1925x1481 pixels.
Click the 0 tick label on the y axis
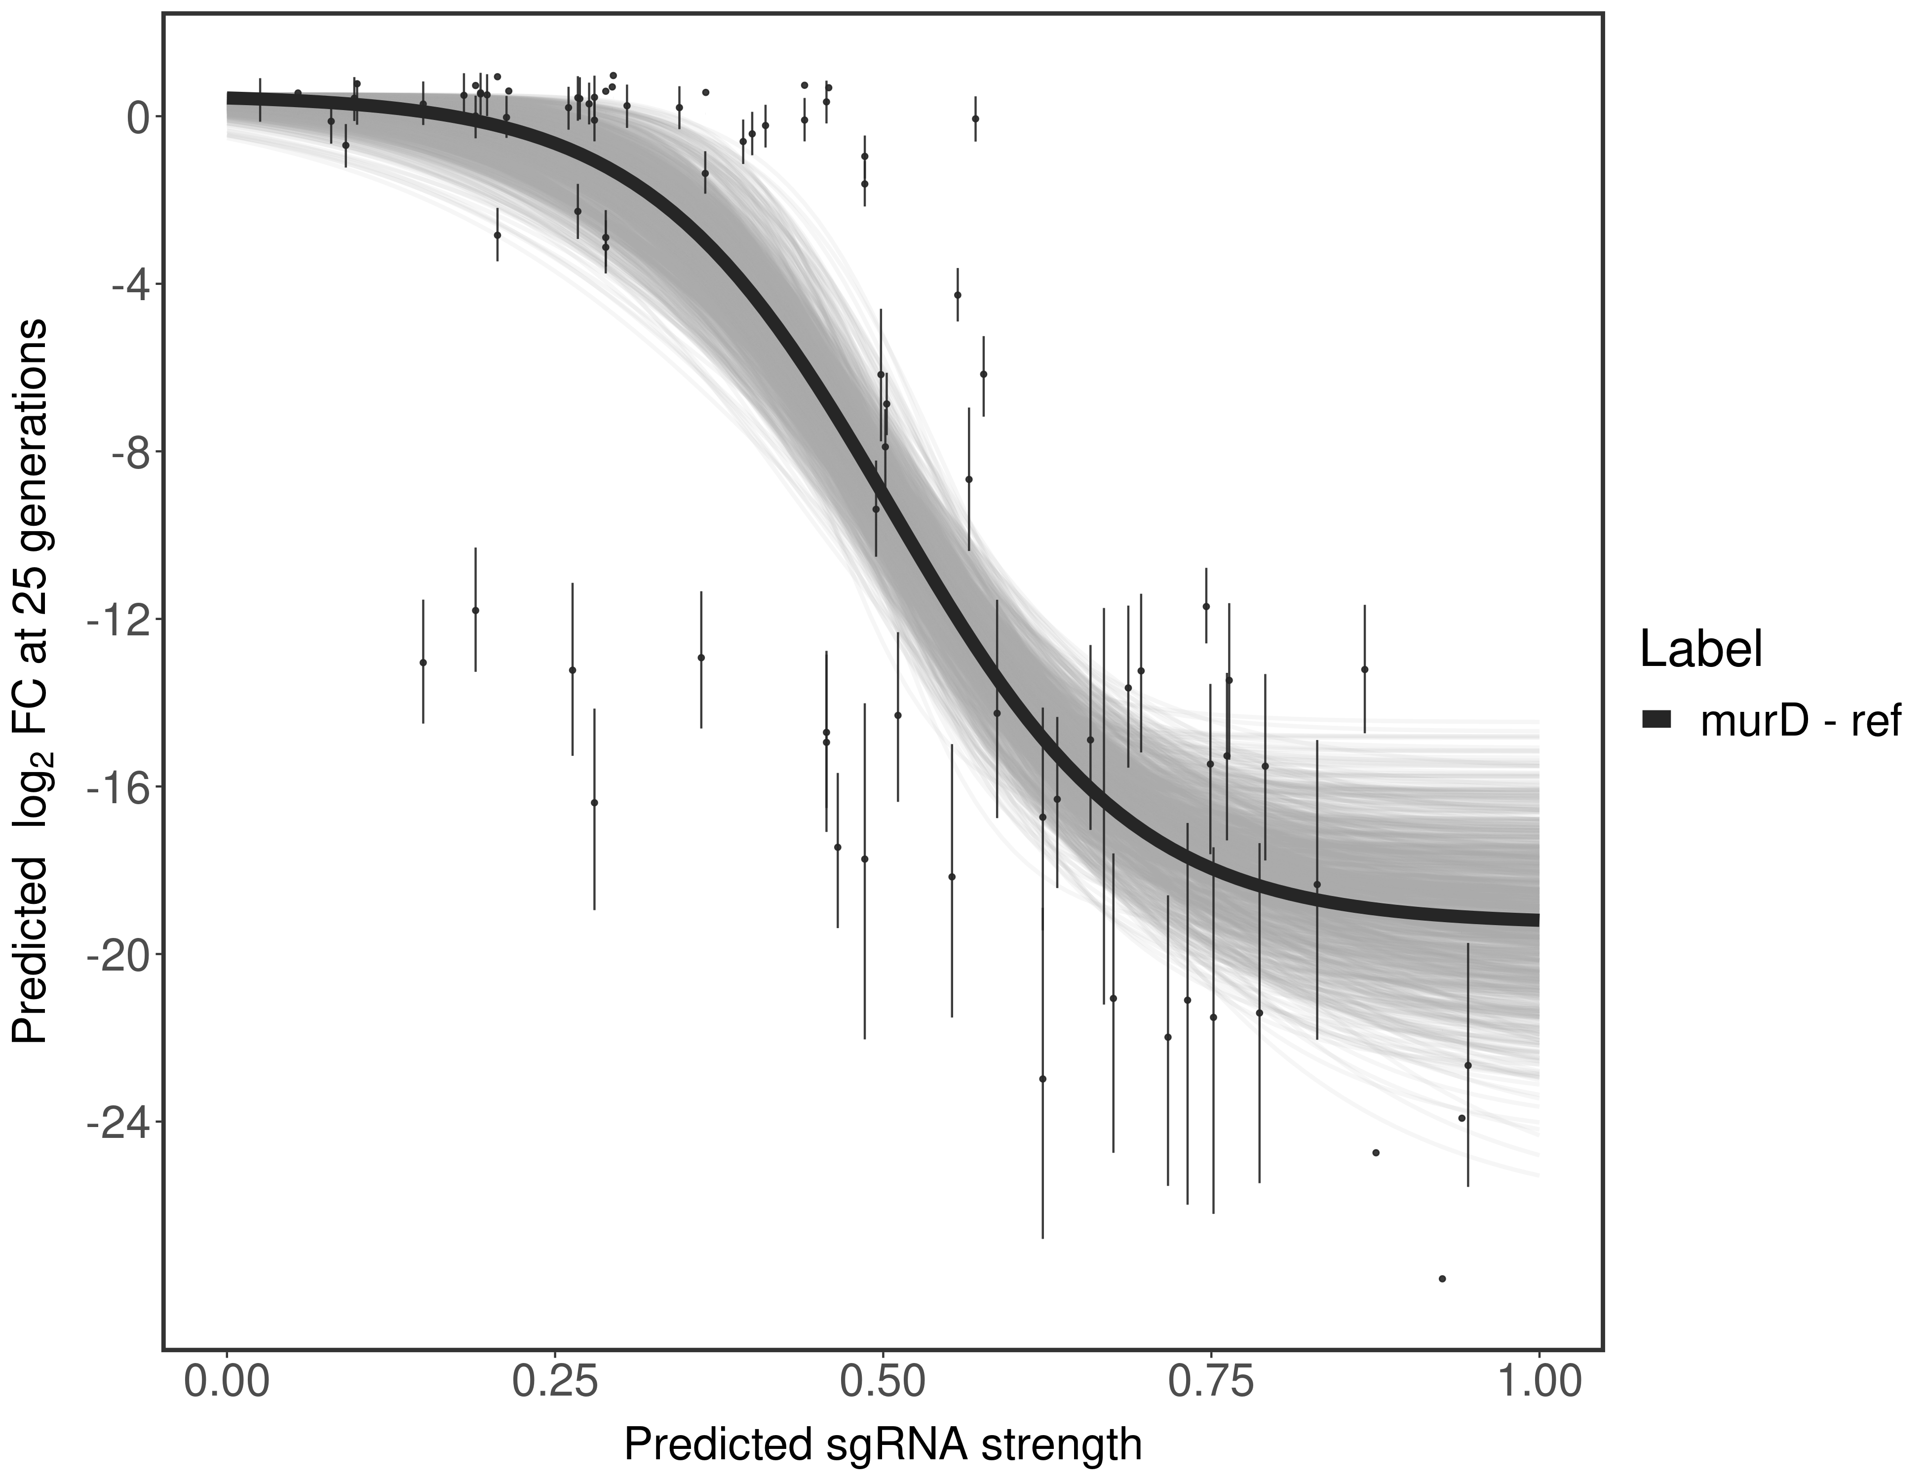point(138,117)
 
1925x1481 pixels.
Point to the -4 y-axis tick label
point(125,285)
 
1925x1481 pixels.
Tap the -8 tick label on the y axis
point(125,452)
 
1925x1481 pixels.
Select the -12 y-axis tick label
point(115,620)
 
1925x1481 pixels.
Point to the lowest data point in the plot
point(1442,1278)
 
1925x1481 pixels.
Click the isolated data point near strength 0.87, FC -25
point(1376,1152)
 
